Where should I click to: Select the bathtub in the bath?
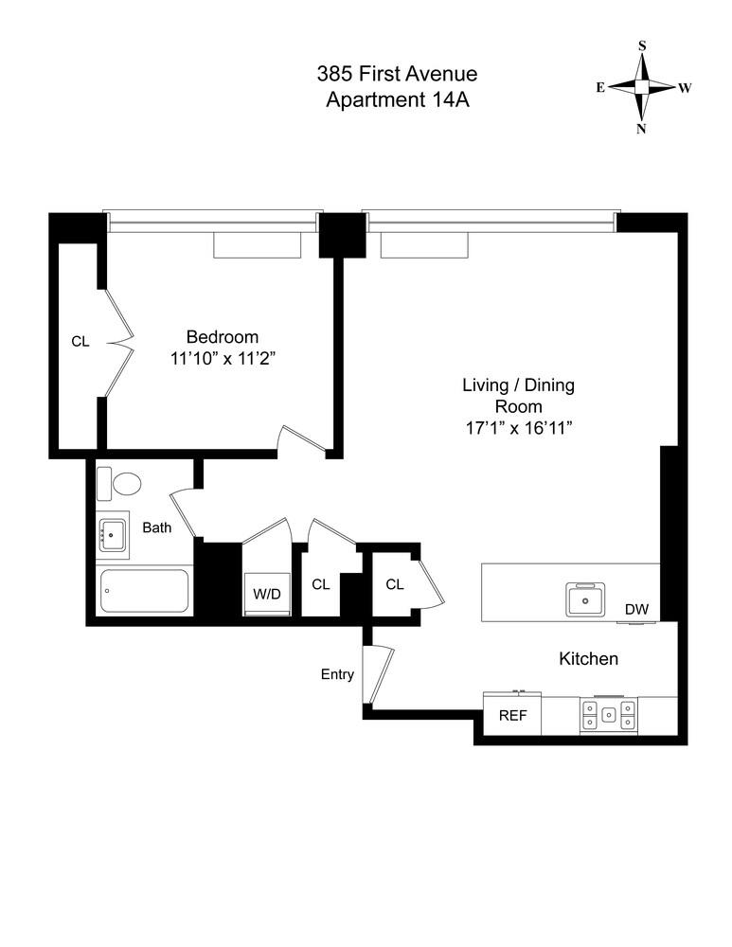pos(144,591)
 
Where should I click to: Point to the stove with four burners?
pos(609,715)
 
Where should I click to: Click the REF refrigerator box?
pos(512,716)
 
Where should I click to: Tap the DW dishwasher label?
pos(636,610)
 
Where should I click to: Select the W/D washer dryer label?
pos(266,595)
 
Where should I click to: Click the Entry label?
pos(337,674)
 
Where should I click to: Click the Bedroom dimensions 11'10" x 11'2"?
pos(222,359)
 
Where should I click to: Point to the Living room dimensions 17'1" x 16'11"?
pos(518,427)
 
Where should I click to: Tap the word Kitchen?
pos(588,658)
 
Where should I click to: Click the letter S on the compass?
pos(642,45)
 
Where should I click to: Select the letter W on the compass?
pos(685,87)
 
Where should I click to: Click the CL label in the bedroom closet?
pos(80,341)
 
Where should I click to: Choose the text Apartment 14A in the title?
pos(398,101)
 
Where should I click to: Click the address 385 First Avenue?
pos(398,74)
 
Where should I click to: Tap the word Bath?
pos(157,527)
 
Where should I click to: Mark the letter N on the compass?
pos(642,130)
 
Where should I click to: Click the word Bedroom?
pos(222,336)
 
